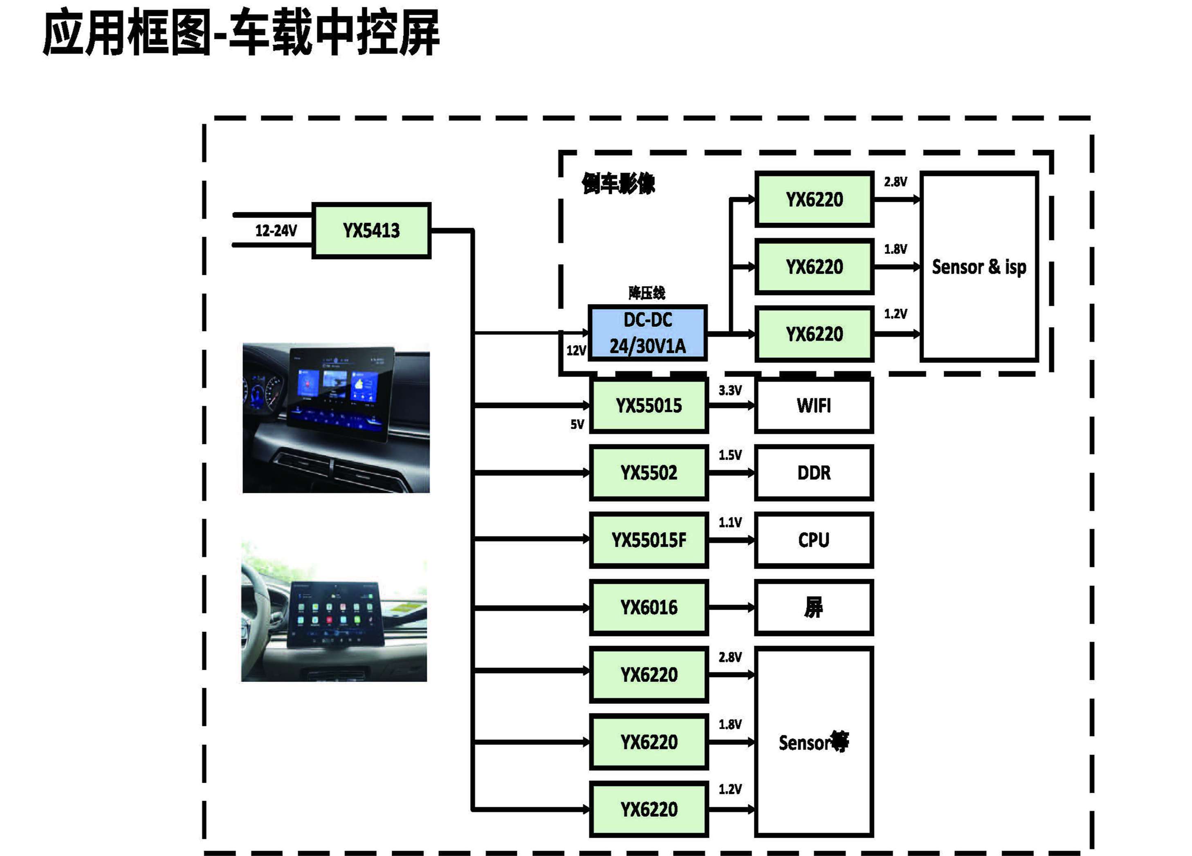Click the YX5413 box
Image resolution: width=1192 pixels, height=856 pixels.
pyautogui.click(x=371, y=230)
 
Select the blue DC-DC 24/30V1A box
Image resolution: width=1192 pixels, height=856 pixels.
pyautogui.click(x=647, y=333)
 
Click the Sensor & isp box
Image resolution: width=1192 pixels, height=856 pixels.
pyautogui.click(x=979, y=267)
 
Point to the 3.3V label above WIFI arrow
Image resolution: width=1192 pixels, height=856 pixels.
pyautogui.click(x=730, y=390)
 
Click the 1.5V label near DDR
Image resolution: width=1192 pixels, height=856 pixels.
pyautogui.click(x=730, y=455)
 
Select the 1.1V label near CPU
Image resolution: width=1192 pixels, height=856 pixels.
pyautogui.click(x=730, y=522)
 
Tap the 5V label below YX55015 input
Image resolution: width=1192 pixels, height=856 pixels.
pyautogui.click(x=577, y=424)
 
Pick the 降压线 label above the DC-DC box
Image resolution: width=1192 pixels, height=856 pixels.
pyautogui.click(x=647, y=293)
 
